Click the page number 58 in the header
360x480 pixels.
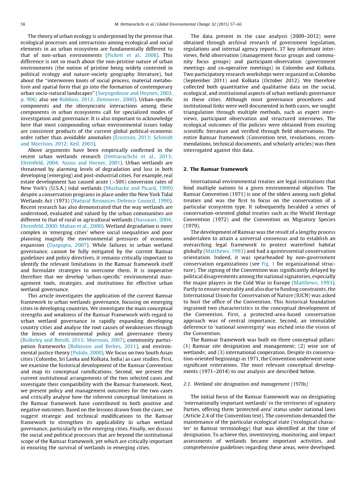coord(23,24)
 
